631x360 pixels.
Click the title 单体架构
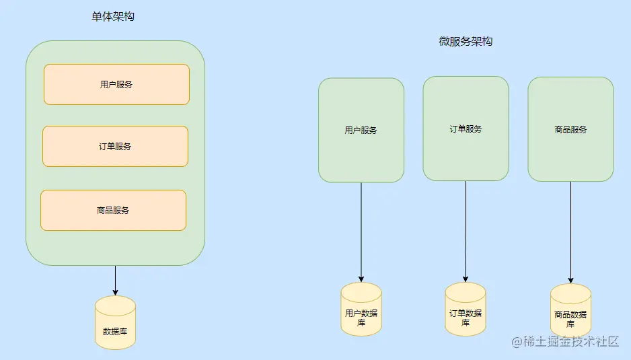[x=113, y=16]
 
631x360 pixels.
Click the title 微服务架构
[x=466, y=41]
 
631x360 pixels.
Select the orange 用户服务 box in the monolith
[x=116, y=85]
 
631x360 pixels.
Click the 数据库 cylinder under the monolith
[x=115, y=323]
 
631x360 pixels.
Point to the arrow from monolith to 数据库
[x=115, y=279]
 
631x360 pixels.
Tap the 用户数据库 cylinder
[x=361, y=310]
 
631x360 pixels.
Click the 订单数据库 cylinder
[x=466, y=310]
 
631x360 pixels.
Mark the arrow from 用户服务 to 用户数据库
[x=361, y=232]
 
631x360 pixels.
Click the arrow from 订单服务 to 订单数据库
[x=466, y=232]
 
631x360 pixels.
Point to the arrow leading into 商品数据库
[x=570, y=232]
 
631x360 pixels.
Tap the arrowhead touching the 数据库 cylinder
[x=115, y=292]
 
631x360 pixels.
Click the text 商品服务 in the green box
[x=570, y=129]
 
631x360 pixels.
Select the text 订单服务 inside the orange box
[x=115, y=146]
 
